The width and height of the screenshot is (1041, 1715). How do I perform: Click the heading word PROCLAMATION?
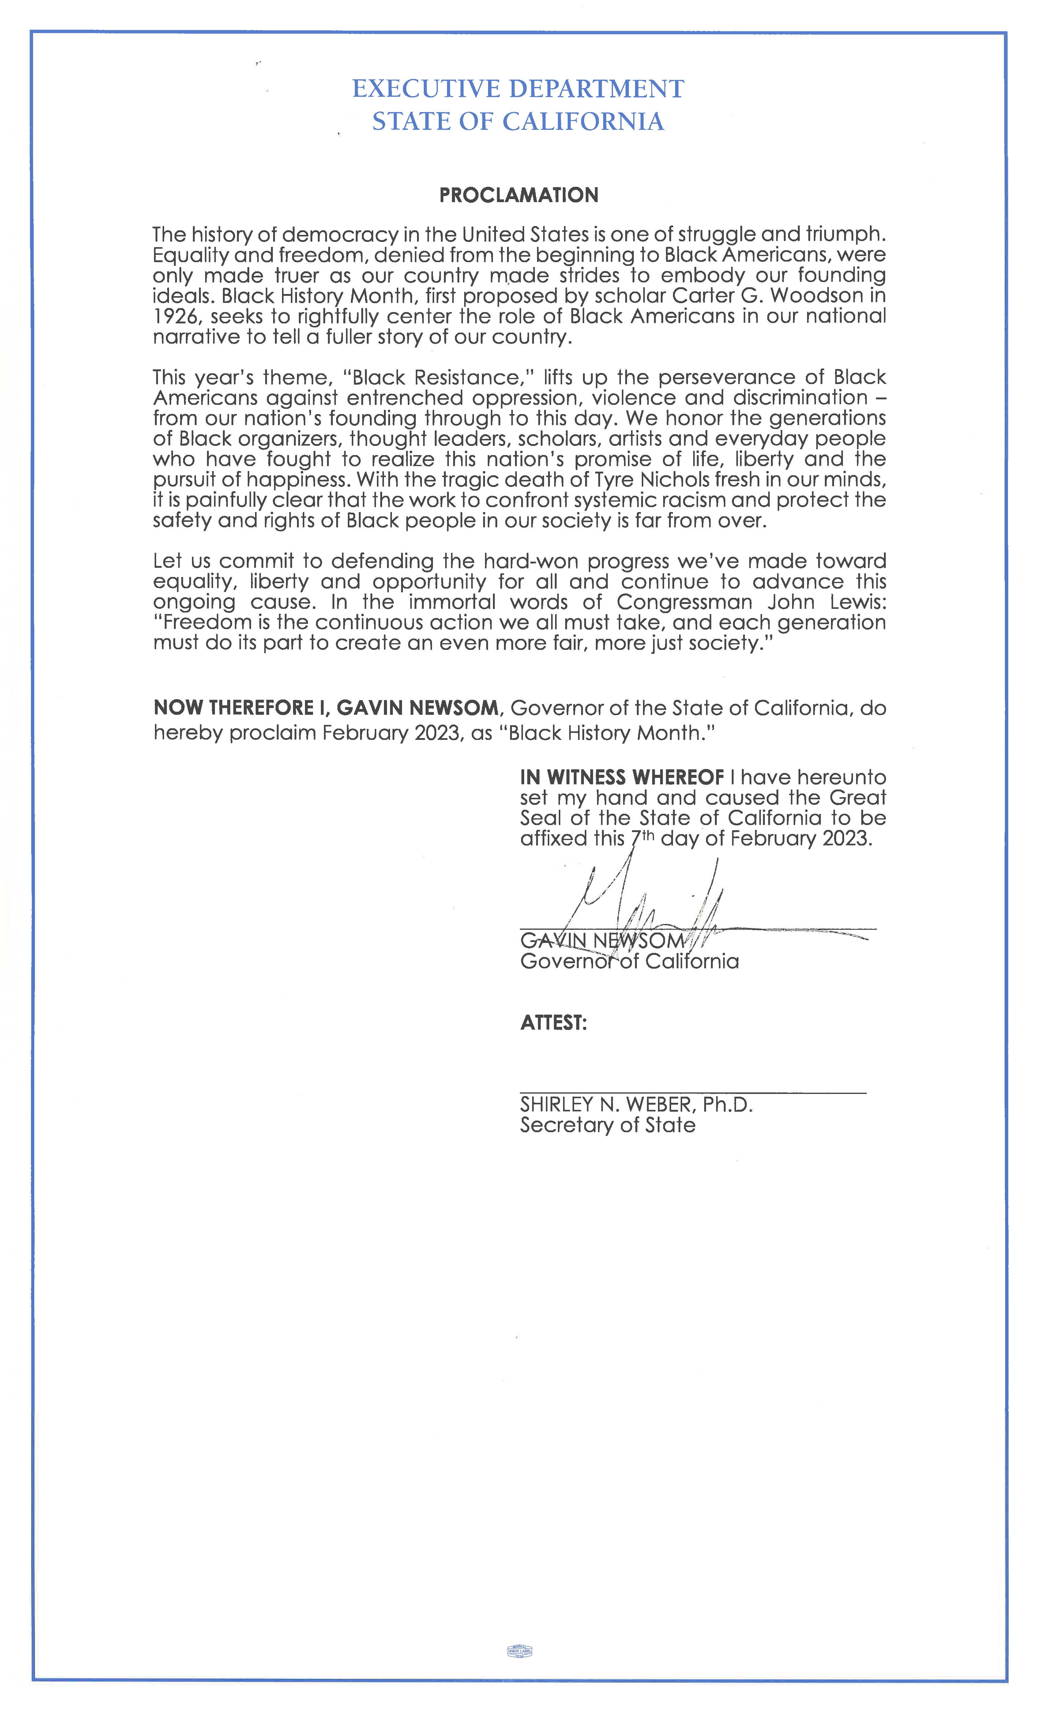pyautogui.click(x=518, y=195)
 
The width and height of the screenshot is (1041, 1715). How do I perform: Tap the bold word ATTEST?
pyautogui.click(x=553, y=1023)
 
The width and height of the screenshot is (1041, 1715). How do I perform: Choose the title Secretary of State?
pyautogui.click(x=607, y=1125)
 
